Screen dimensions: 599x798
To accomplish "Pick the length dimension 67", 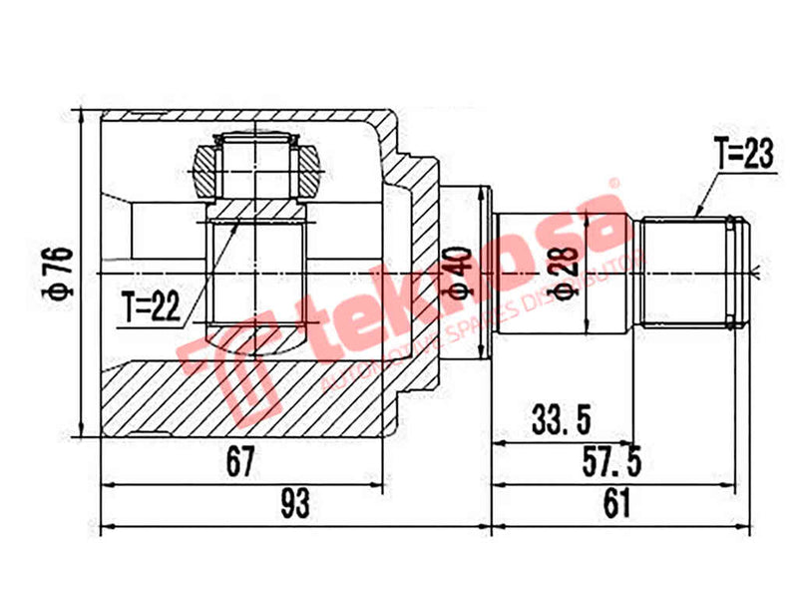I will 240,462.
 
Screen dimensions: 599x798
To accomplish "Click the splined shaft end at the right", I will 688,272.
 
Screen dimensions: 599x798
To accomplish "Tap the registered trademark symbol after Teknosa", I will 614,184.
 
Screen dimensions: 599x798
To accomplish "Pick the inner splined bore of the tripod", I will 254,270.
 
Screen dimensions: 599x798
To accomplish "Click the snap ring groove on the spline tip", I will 737,272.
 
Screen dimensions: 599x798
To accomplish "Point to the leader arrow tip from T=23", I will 696,216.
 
